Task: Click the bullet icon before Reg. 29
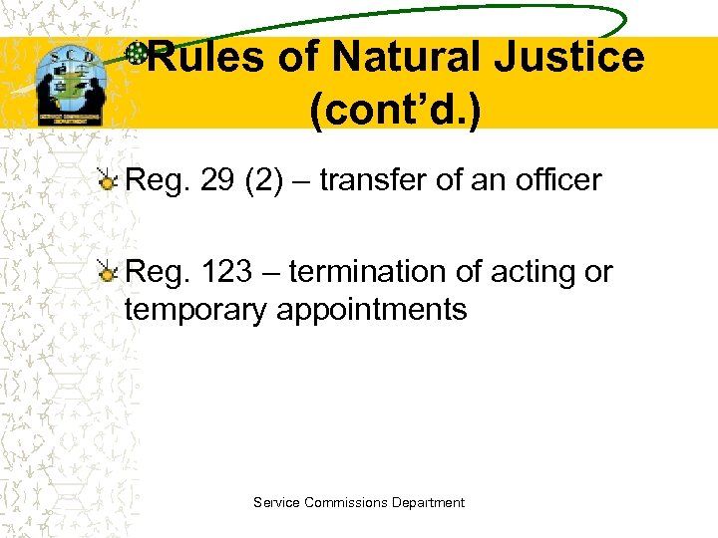(109, 180)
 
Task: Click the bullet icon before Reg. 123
(109, 272)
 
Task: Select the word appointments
(372, 310)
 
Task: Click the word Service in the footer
(275, 503)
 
